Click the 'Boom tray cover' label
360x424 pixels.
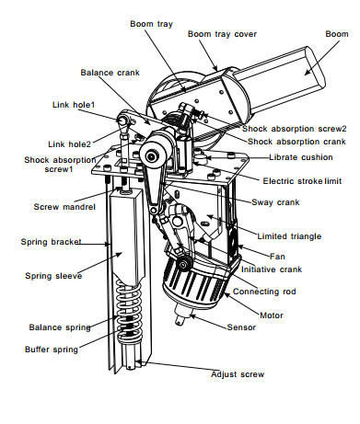[x=222, y=34]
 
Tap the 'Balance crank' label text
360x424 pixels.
[x=110, y=73]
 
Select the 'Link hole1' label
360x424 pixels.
[x=74, y=105]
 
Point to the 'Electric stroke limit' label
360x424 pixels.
[x=302, y=181]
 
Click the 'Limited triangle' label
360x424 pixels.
[x=289, y=236]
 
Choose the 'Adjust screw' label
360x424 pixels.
[x=238, y=374]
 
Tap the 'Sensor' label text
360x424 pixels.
[x=241, y=327]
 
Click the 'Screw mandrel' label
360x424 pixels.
[x=64, y=207]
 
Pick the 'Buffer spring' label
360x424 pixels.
[x=52, y=350]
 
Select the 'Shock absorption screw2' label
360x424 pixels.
[x=294, y=129]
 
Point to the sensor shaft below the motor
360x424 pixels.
[x=183, y=315]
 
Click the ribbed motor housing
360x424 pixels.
[x=196, y=282]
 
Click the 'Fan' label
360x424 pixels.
[x=277, y=257]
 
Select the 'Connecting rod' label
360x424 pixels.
[x=264, y=292]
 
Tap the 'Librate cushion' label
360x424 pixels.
[x=301, y=157]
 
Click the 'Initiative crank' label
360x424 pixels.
[x=272, y=269]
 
